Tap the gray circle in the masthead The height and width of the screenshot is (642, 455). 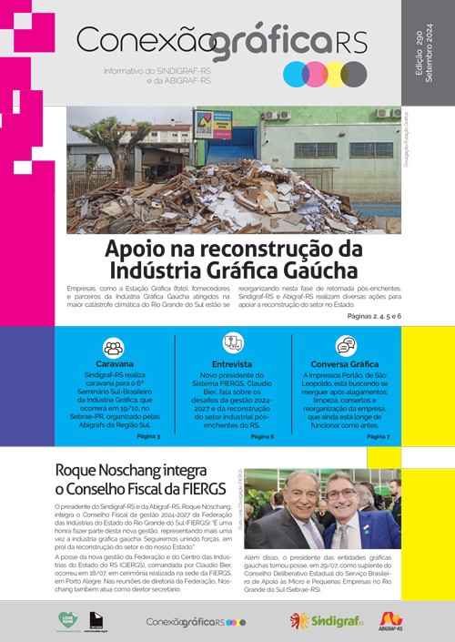click(353, 74)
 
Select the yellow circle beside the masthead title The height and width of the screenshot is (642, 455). click(334, 74)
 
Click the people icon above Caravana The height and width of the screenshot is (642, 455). click(113, 347)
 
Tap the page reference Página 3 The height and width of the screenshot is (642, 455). click(147, 436)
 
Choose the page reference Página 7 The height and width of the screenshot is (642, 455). click(377, 436)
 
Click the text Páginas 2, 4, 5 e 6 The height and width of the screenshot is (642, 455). click(374, 315)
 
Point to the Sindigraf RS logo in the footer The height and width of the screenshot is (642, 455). click(326, 621)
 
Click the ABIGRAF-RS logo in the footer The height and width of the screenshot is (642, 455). click(390, 621)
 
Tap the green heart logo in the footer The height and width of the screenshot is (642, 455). click(68, 620)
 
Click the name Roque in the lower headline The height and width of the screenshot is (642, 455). click(80, 471)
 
